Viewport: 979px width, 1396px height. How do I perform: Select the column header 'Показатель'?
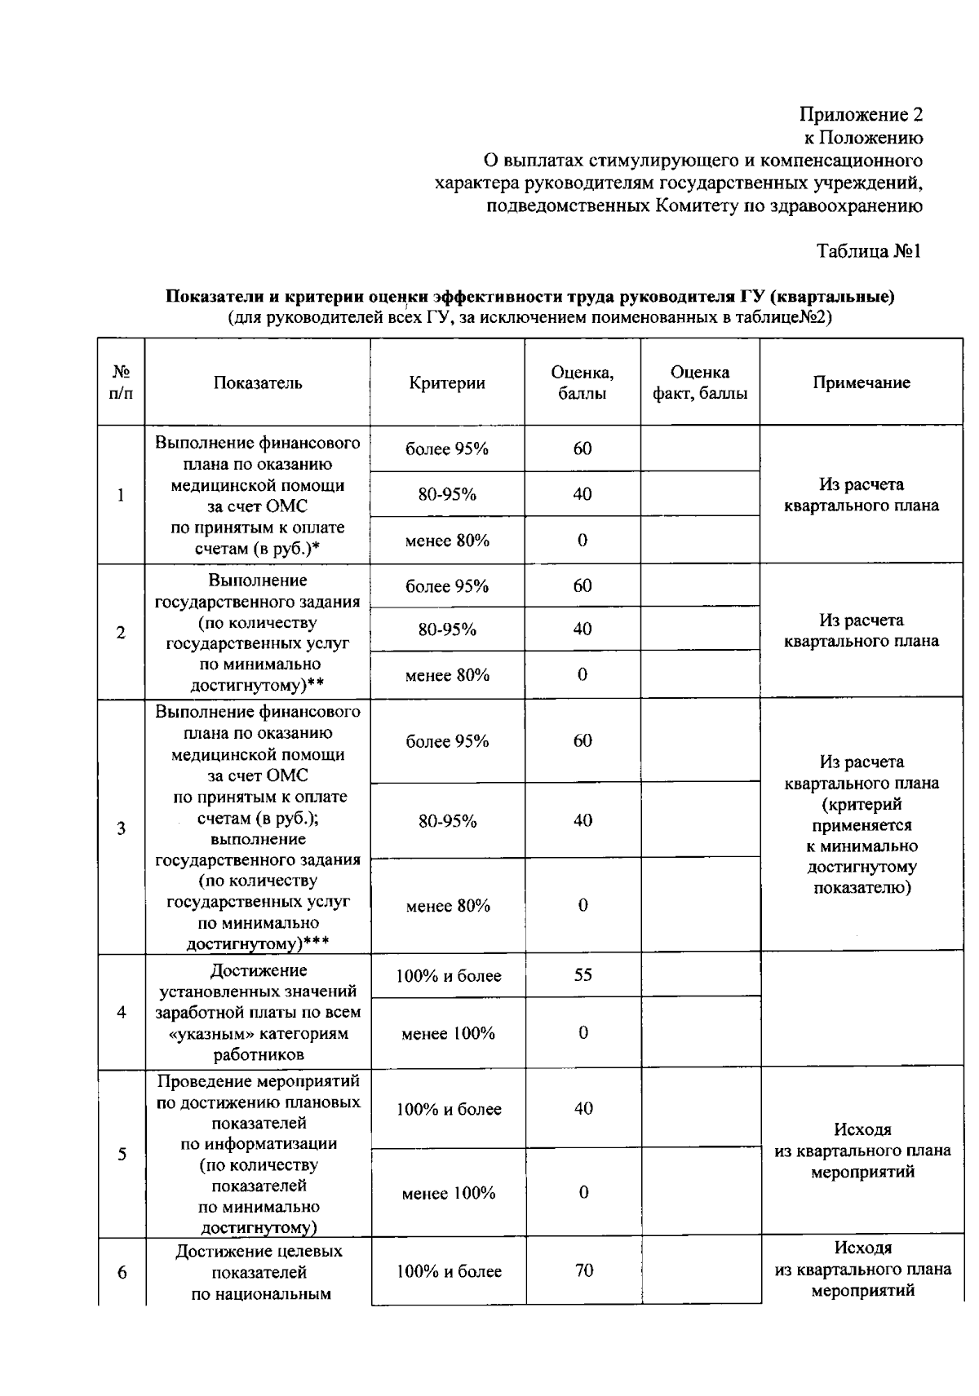pos(258,383)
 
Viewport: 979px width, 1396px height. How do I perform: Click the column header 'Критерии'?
pos(447,383)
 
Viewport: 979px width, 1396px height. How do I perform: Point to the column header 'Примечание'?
pos(861,383)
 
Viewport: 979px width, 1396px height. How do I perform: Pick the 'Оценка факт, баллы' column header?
pos(700,383)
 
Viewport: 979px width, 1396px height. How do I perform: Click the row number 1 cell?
pos(121,495)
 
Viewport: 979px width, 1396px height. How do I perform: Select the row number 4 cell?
pos(122,1012)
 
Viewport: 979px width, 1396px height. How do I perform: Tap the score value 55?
pos(583,975)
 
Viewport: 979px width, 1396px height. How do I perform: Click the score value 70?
pos(583,1270)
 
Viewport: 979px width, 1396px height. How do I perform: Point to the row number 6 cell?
pos(122,1272)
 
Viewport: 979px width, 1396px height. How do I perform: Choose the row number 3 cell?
pos(121,828)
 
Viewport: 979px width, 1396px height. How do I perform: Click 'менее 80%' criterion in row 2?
pos(447,675)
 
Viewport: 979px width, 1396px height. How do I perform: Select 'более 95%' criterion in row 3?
pos(447,741)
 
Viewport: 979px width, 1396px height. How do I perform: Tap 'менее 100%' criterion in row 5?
pos(448,1193)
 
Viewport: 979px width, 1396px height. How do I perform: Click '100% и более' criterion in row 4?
pos(448,976)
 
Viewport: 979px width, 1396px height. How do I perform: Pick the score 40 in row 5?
pos(583,1109)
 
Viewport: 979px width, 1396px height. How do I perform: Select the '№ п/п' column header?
pos(121,383)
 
